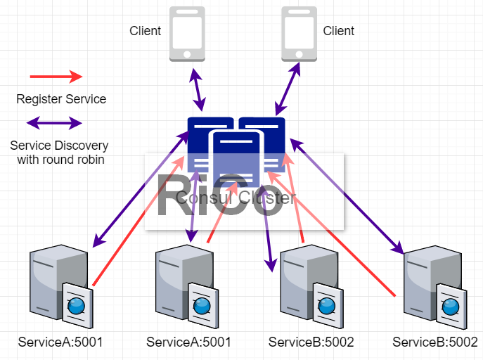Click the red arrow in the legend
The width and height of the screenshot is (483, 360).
(56, 76)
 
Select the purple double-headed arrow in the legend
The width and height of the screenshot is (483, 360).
(54, 124)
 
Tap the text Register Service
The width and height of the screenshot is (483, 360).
(61, 99)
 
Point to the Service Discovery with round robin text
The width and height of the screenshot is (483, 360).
(59, 153)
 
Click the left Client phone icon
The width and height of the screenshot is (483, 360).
(187, 34)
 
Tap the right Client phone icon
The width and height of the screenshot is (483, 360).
(300, 34)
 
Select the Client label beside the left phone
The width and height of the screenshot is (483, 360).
(146, 31)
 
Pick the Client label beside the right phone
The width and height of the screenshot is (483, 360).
(339, 31)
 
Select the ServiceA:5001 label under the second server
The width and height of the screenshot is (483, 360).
(188, 342)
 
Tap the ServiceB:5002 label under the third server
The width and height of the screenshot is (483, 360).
(311, 342)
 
